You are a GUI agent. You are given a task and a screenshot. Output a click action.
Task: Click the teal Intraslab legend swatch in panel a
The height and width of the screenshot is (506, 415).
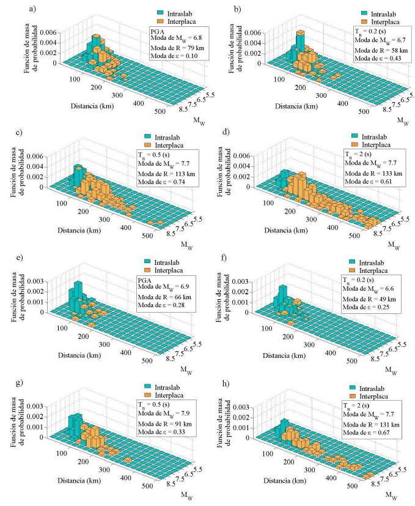pyautogui.click(x=161, y=12)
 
